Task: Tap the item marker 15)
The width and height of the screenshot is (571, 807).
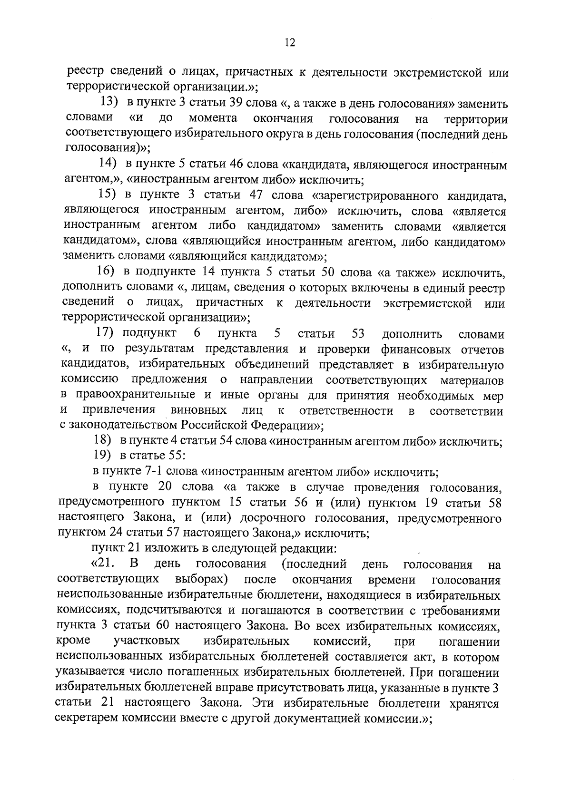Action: point(108,194)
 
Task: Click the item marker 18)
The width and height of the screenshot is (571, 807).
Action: point(102,441)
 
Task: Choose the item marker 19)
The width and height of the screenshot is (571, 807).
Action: point(102,456)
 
